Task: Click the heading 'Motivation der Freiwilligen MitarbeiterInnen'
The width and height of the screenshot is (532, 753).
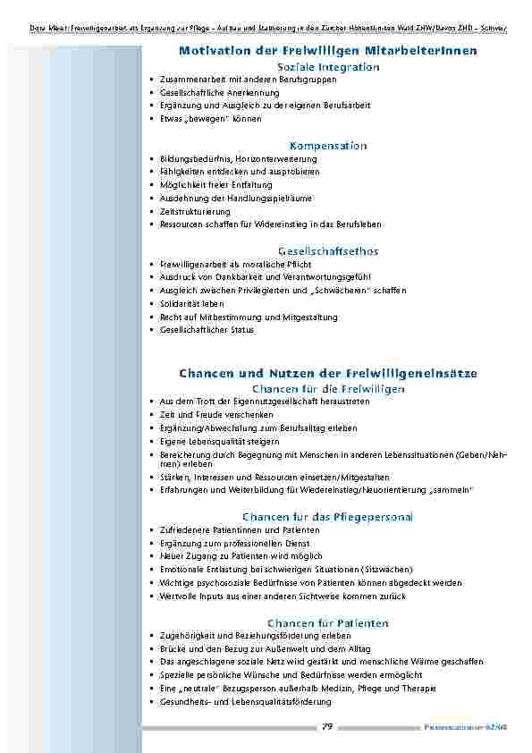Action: coord(327,51)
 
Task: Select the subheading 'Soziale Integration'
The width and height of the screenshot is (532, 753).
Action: coord(327,67)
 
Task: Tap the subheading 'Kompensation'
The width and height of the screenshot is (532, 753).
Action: coord(327,145)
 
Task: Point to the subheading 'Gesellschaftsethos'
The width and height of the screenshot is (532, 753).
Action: coord(327,251)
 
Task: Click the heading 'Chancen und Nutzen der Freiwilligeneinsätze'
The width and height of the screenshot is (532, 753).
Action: coord(327,372)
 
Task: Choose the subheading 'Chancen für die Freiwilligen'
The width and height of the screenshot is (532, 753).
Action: coord(327,388)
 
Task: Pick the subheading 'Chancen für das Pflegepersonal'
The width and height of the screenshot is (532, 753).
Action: coord(327,517)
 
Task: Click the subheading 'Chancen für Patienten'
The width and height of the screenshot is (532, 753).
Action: coord(327,622)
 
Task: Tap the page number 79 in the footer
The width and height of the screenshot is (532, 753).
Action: coord(327,727)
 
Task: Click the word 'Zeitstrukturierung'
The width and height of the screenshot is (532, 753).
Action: coord(195,212)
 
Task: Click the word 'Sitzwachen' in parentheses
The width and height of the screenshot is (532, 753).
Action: coord(387,570)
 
